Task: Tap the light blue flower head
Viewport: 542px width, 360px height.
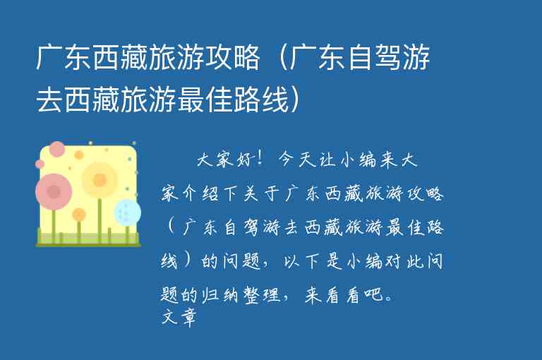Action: (x=128, y=212)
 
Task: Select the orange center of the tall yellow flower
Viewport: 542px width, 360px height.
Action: (x=100, y=180)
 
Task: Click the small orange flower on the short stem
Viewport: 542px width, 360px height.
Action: (x=79, y=215)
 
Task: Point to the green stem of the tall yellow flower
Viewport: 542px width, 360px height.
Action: (x=100, y=219)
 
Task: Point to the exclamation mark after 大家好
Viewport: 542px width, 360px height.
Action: (x=260, y=160)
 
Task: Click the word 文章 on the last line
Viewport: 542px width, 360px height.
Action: (x=178, y=318)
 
